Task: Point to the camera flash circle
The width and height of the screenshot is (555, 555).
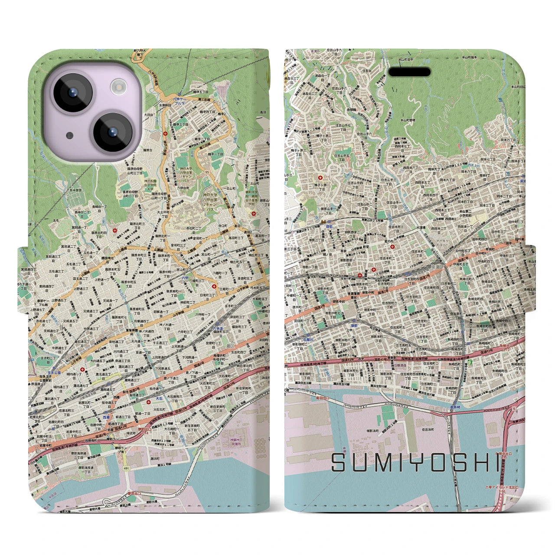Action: [118, 88]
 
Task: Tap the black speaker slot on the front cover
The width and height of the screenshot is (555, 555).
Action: [409, 72]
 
